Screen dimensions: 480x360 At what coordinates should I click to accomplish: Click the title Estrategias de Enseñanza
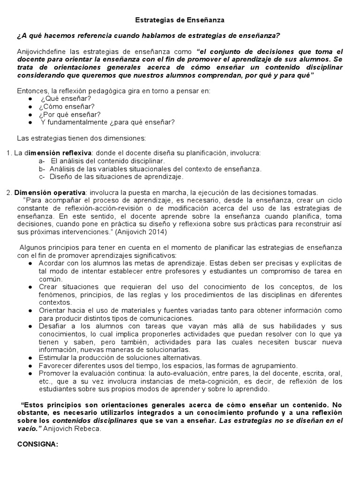(180, 20)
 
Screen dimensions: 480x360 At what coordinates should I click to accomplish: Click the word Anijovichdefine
(42, 52)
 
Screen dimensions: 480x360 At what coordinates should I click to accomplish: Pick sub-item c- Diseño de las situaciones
(111, 177)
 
